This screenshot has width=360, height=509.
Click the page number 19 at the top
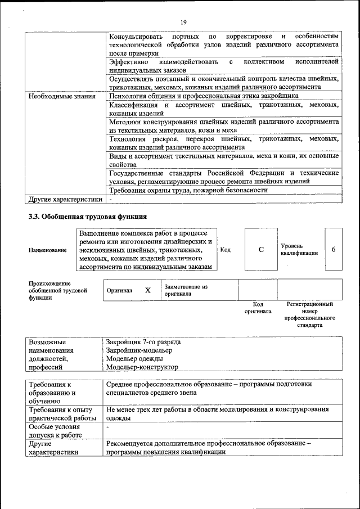(x=183, y=22)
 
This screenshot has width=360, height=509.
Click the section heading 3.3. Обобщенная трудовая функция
(x=88, y=216)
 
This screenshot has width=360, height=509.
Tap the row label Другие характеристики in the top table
(x=65, y=199)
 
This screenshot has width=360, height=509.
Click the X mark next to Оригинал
(x=148, y=290)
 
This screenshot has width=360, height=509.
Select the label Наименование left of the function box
(x=47, y=250)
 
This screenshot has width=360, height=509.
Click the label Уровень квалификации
(x=299, y=250)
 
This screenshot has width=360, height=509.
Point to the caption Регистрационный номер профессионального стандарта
(x=310, y=314)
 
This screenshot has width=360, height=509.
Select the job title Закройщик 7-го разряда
(x=143, y=342)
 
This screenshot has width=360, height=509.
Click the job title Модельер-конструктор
(x=142, y=367)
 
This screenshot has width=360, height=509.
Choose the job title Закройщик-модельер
(x=139, y=350)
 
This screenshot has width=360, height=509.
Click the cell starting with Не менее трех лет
(x=217, y=414)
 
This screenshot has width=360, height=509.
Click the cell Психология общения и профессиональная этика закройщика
(x=204, y=96)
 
